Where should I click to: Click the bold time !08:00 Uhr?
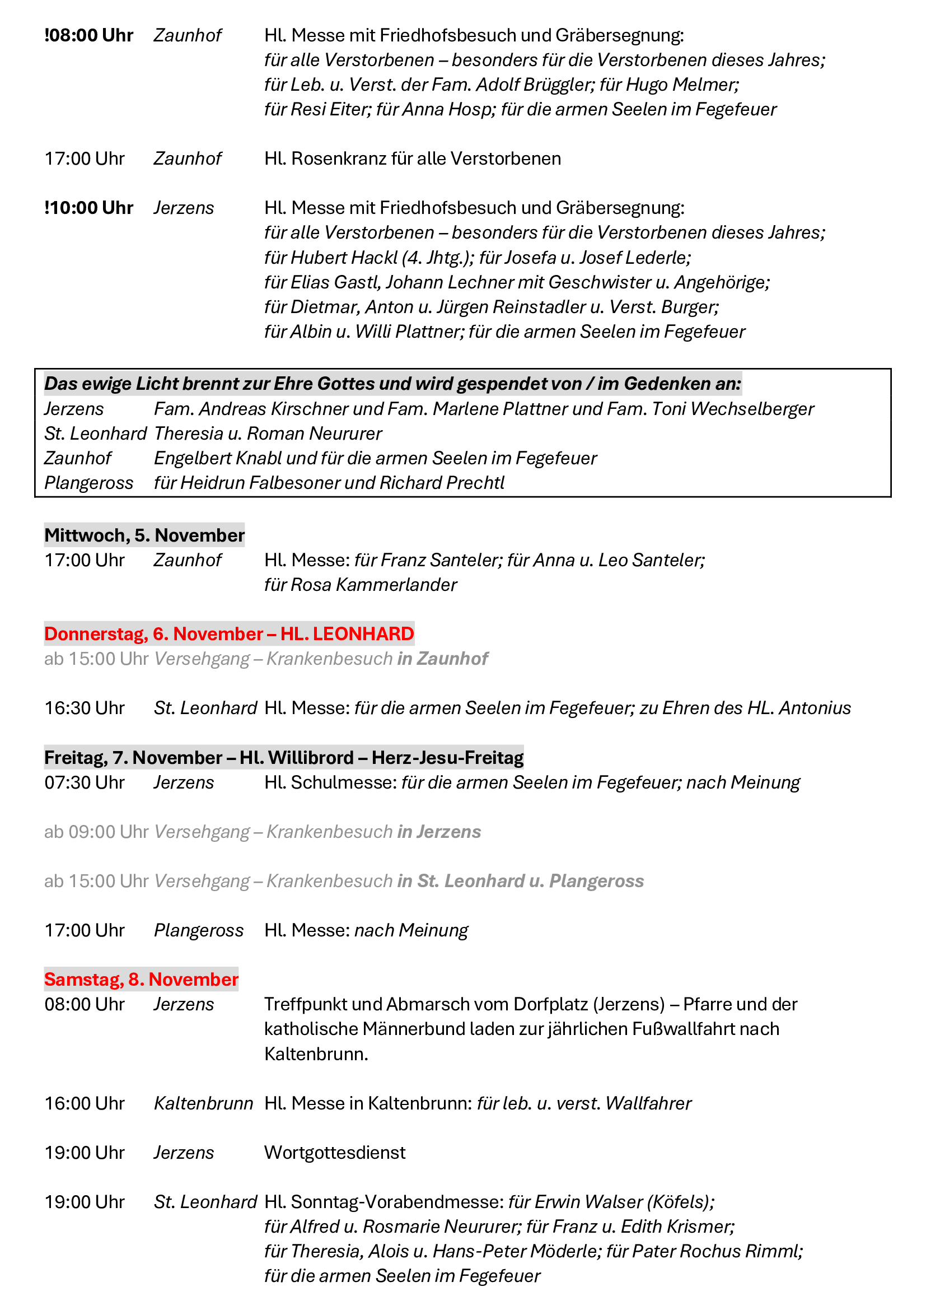pos(89,35)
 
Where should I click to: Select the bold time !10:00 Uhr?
pos(89,208)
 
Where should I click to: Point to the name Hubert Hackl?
pos(344,258)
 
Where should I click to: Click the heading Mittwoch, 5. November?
pos(144,535)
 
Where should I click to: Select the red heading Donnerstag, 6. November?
pos(154,634)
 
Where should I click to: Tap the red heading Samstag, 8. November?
pos(142,979)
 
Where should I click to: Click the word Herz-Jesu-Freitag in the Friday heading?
pos(448,758)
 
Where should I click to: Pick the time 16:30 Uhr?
pos(85,708)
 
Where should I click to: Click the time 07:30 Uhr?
pos(85,782)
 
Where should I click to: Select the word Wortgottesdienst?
pos(335,1153)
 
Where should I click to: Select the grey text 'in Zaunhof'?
pos(442,659)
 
